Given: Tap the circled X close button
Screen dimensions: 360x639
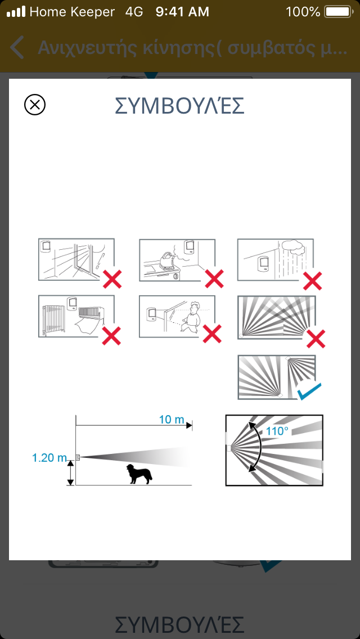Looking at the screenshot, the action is coord(35,105).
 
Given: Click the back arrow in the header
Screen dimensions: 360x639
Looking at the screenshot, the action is coord(17,48).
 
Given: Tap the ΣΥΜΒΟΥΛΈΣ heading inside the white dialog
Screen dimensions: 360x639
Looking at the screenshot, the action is coord(179,106).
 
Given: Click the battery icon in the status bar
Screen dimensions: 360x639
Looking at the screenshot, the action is coord(338,12).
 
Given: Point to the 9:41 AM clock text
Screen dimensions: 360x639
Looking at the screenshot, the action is coord(182,12).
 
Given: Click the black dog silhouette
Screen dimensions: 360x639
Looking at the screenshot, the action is coord(139,474).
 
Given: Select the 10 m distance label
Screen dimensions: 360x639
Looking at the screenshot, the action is coord(172,420).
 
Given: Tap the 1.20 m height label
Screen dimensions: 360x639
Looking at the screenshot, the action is coord(49,458).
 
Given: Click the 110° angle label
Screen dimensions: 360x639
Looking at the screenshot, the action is coord(277,430).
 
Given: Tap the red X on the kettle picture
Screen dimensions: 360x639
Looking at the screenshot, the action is coord(214,279).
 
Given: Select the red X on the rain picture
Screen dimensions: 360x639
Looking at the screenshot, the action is coord(313,280).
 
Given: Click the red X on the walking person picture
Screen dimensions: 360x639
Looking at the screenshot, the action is coord(212,334).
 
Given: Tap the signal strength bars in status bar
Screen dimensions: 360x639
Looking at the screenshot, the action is coord(16,12).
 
